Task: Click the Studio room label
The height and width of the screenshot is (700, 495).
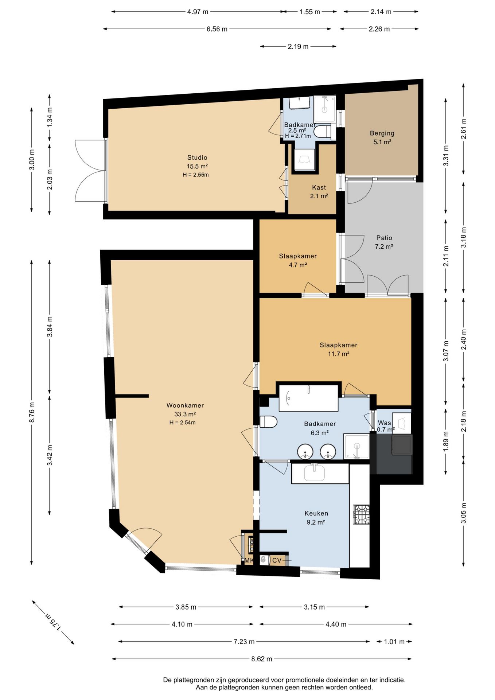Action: pos(197,157)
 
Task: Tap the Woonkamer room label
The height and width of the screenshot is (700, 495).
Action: pos(185,405)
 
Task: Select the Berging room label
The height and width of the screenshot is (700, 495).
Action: pos(382,133)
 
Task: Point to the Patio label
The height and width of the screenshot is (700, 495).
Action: pos(384,238)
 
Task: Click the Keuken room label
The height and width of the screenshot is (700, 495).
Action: pos(316,513)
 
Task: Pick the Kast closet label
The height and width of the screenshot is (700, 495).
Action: pos(319,187)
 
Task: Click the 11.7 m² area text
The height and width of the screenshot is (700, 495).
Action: pos(339,354)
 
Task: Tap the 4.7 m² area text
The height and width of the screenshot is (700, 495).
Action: pos(298,265)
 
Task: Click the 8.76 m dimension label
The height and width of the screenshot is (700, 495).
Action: pos(32,412)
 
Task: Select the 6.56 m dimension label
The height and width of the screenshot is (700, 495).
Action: pos(217,29)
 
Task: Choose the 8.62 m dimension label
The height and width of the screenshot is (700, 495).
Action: pos(261,659)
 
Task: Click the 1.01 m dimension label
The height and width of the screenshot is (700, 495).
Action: pos(394,641)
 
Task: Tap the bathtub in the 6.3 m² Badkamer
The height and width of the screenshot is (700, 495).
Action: pos(308,398)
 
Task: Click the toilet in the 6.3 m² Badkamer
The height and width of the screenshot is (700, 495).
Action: pos(268,422)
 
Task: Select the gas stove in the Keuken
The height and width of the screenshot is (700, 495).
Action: pos(361,514)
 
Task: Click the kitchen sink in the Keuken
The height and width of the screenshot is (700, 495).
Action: pos(314,472)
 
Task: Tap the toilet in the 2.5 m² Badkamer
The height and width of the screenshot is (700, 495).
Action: pos(322,132)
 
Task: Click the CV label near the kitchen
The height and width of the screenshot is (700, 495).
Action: pos(277,560)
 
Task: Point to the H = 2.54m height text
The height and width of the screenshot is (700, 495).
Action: pos(182,423)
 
